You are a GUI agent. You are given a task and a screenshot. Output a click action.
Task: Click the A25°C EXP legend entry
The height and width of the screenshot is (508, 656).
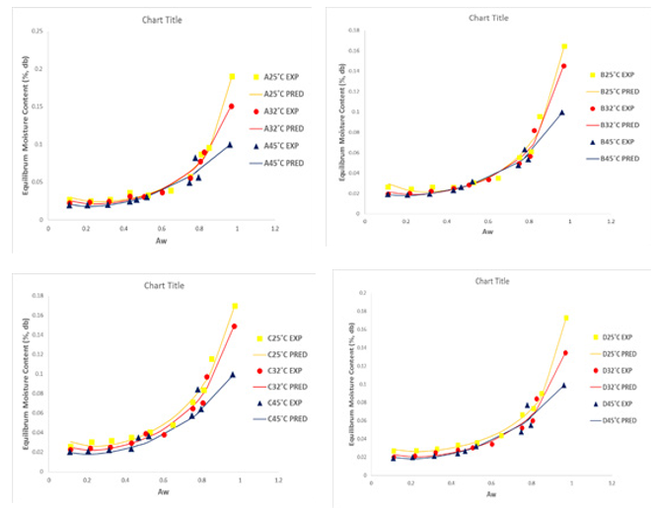pos(283,78)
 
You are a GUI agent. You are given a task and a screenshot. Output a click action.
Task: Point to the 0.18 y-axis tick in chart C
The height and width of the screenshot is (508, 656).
pos(38,296)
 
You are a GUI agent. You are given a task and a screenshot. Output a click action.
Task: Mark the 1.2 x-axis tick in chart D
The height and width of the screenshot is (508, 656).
pos(612,483)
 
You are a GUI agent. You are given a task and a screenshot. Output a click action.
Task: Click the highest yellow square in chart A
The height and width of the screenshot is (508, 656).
pos(232,77)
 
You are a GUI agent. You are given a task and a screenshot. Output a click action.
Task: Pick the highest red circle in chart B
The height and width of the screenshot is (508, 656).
pos(563,66)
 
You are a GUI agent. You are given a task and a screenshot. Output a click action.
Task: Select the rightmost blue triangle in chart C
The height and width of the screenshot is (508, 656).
pos(233,375)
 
